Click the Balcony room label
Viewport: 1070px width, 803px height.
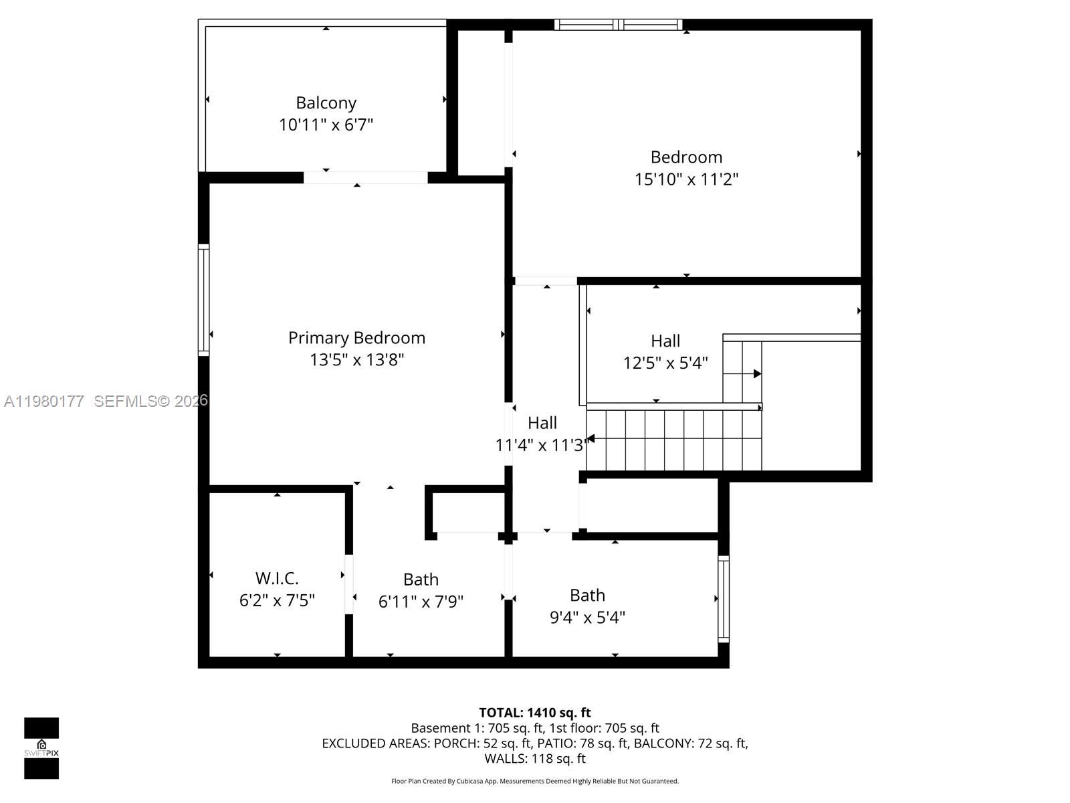(x=326, y=103)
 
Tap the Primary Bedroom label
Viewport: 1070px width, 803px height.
(x=356, y=338)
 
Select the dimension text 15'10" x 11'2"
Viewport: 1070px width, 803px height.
(x=686, y=179)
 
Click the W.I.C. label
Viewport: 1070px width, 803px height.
(x=277, y=578)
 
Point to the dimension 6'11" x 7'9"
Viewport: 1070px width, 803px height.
(x=421, y=602)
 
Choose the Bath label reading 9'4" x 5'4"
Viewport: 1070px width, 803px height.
(x=587, y=596)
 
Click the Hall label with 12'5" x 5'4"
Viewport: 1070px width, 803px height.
(x=665, y=341)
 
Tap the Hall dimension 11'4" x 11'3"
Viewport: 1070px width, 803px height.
(x=542, y=445)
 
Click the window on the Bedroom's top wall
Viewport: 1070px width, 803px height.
(x=619, y=25)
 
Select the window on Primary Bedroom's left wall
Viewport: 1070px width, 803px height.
(x=203, y=299)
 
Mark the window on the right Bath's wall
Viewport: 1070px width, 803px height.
(x=723, y=599)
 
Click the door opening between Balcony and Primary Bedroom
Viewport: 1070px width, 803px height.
(x=365, y=178)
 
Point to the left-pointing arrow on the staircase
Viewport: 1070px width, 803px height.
(x=591, y=439)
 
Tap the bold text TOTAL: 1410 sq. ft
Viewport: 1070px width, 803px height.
(x=534, y=713)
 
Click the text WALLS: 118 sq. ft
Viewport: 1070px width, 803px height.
(x=534, y=759)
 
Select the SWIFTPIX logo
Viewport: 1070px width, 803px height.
(x=41, y=748)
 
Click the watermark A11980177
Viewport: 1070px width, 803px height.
(x=44, y=401)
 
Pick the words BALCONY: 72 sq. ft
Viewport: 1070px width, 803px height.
(x=690, y=743)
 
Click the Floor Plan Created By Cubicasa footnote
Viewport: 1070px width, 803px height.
(x=534, y=781)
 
